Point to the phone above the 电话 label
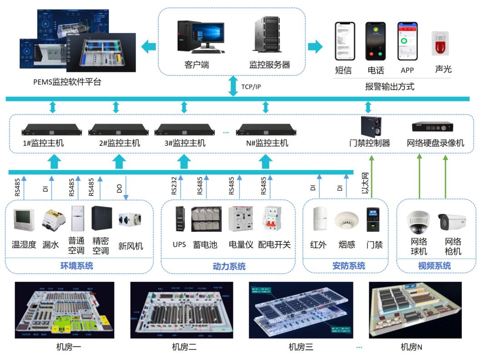point(375,42)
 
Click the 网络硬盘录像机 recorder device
point(433,127)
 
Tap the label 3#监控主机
point(185,143)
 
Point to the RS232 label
point(175,186)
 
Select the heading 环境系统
point(76,266)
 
